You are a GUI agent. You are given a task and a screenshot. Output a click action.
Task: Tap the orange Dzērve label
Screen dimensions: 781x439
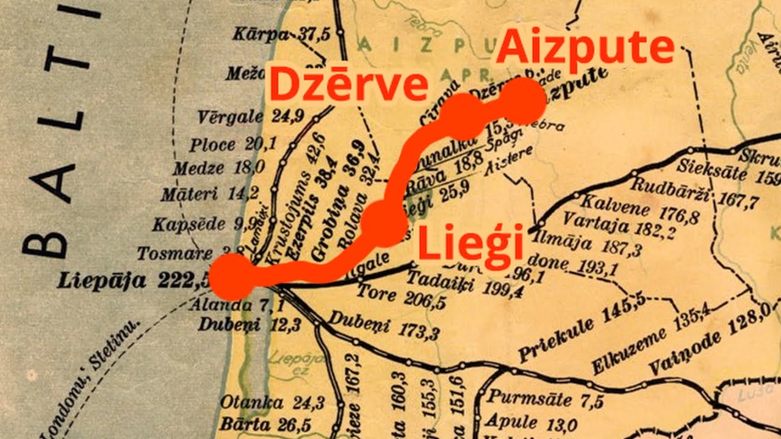[348, 85]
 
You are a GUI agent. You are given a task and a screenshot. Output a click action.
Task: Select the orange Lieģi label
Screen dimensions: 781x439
[470, 243]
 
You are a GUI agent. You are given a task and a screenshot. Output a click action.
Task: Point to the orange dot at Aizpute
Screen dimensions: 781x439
[522, 101]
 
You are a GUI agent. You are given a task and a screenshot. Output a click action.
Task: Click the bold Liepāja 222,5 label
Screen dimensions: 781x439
[133, 281]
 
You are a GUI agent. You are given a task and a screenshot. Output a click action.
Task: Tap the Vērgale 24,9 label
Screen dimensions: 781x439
[251, 116]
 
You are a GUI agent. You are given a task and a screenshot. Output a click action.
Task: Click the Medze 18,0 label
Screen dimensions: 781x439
[218, 168]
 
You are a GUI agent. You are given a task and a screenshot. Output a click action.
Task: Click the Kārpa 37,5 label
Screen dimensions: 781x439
[281, 34]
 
